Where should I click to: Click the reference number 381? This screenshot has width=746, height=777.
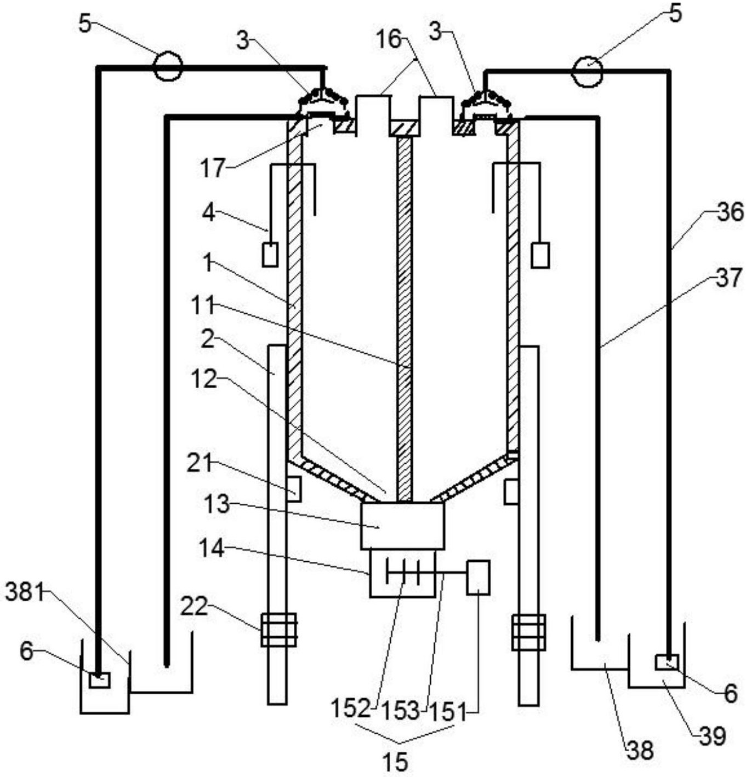click(25, 594)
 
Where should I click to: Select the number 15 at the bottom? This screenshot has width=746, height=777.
click(397, 762)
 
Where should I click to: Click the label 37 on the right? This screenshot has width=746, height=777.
click(729, 278)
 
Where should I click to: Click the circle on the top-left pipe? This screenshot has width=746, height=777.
click(168, 67)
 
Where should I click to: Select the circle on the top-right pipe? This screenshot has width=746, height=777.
click(587, 71)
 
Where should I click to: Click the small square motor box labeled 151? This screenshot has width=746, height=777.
click(479, 578)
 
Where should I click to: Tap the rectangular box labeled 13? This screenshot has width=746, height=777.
click(402, 526)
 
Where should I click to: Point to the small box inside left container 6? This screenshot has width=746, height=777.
click(100, 681)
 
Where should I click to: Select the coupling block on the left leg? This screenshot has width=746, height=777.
click(278, 630)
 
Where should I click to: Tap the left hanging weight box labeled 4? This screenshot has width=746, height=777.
click(270, 255)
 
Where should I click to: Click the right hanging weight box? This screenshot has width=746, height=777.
click(540, 254)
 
